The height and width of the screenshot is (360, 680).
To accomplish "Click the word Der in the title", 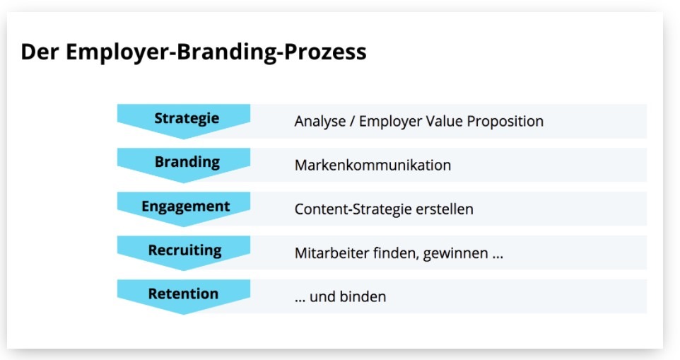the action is (x=40, y=51).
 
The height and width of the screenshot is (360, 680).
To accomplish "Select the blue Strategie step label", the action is (x=187, y=118).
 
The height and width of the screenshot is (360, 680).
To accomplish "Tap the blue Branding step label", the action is (x=187, y=162).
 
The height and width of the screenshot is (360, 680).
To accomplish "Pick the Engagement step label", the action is (x=186, y=207).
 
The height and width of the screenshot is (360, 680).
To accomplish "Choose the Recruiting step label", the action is (x=184, y=250).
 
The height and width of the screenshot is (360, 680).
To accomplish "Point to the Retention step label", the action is (x=183, y=294).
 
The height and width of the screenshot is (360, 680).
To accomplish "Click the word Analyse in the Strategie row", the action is (x=320, y=122).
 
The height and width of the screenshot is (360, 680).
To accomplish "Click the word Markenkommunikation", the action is (x=373, y=166).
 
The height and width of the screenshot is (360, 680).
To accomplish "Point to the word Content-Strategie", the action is (x=353, y=209).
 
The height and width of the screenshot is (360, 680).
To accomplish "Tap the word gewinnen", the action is (x=455, y=253).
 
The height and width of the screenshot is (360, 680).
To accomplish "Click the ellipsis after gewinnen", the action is (x=498, y=257).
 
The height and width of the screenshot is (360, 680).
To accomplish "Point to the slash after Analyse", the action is (x=352, y=122).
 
